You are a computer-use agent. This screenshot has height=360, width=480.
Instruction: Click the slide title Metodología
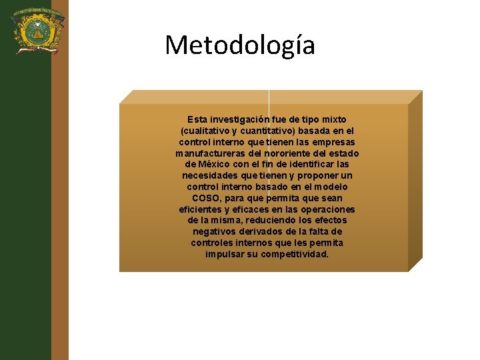pos(240,45)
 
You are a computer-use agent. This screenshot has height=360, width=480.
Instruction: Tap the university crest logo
pos(34,29)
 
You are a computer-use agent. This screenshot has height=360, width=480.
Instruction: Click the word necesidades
pos(211,175)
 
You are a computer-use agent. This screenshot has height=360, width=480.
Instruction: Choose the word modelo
pos(331,187)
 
